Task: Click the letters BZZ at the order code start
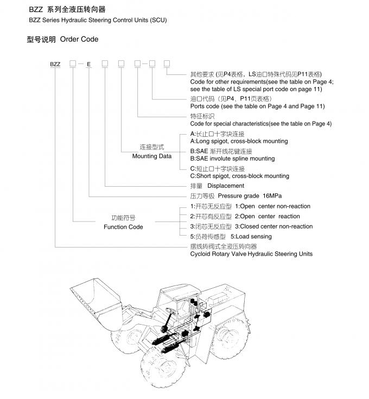pyautogui.click(x=55, y=64)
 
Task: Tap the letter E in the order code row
pyautogui.click(x=89, y=64)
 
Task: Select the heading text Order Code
pyautogui.click(x=79, y=39)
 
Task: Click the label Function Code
pyautogui.click(x=123, y=227)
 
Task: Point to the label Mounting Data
pyautogui.click(x=152, y=156)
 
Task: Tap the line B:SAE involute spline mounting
pyautogui.click(x=232, y=159)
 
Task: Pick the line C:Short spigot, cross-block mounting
pyautogui.click(x=239, y=176)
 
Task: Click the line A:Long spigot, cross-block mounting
pyautogui.click(x=239, y=141)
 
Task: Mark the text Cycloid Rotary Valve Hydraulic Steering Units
pyautogui.click(x=251, y=254)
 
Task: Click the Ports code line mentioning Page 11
pyautogui.click(x=257, y=106)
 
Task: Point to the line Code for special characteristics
pyautogui.click(x=260, y=124)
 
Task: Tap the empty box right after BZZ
pyautogui.click(x=72, y=64)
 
